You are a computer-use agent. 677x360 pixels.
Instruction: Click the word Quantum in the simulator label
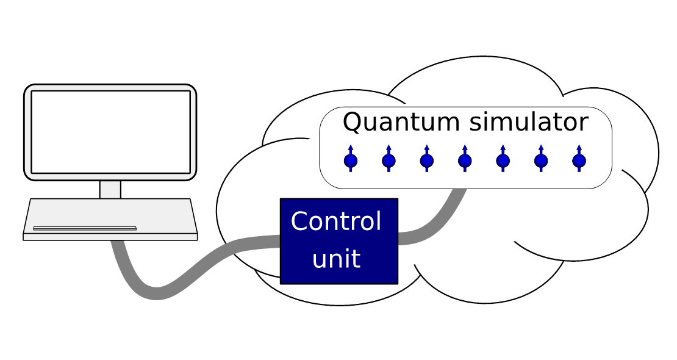[401, 123]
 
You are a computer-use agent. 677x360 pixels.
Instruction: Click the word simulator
[529, 121]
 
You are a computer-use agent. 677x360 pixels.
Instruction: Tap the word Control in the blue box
[336, 221]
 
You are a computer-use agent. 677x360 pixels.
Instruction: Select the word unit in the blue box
[336, 259]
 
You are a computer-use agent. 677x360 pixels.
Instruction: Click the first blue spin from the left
[351, 160]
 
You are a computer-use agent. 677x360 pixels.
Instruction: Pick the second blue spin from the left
[389, 160]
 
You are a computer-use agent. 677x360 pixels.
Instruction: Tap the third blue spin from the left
[426, 160]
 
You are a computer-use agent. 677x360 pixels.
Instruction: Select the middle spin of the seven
[465, 160]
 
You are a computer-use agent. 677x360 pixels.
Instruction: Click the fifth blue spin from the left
[503, 160]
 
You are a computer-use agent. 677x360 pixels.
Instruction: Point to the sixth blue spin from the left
[541, 160]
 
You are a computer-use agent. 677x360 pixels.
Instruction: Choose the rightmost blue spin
[579, 160]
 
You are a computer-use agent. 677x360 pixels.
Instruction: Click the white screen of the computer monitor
[110, 132]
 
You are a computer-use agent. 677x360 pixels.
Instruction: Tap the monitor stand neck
[110, 189]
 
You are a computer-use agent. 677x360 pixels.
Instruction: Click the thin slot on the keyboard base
[85, 228]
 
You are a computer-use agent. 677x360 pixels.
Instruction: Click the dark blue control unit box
[339, 241]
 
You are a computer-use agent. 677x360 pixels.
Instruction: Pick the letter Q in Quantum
[352, 123]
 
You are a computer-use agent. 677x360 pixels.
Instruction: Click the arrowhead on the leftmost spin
[351, 148]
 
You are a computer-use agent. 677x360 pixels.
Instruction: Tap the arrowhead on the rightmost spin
[579, 148]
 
